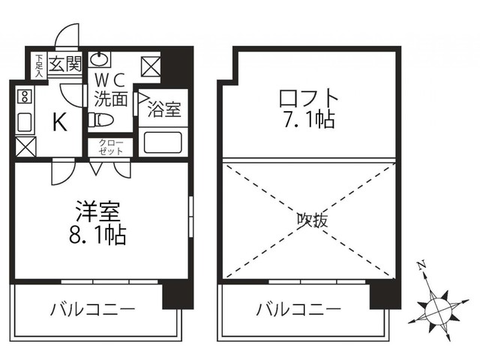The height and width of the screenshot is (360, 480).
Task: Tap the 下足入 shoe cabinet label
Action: coord(38,64)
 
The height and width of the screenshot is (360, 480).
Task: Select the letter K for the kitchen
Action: coord(58,122)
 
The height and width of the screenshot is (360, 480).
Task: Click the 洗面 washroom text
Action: coord(110,97)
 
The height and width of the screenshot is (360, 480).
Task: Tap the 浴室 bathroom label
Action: coord(163,110)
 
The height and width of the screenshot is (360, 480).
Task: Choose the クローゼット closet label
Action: coord(110,147)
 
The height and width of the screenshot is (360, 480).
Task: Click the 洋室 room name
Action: coord(98,211)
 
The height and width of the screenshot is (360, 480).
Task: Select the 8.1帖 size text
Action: coord(98,235)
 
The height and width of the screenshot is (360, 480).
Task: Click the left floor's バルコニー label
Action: coord(93,309)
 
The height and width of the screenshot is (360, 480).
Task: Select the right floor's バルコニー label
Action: coord(298,309)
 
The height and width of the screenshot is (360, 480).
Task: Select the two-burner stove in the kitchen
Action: coord(25,95)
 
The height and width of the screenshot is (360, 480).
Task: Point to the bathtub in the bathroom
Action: coord(163,142)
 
